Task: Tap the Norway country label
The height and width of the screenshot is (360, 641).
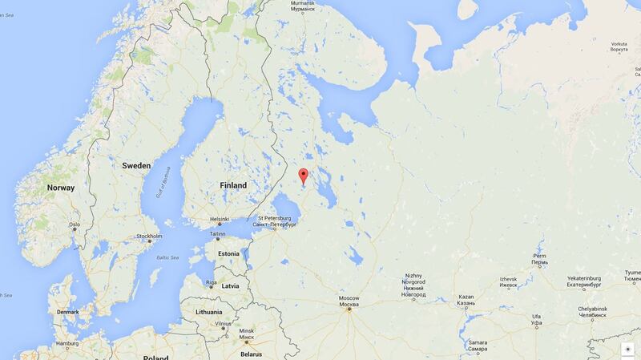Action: [x=61, y=188]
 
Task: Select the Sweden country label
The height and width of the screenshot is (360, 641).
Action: [x=135, y=165]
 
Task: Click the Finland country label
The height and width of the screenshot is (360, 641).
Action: [x=233, y=185]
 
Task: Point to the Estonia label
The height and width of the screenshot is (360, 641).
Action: [x=228, y=253]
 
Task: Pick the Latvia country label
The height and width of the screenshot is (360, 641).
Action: [x=231, y=285]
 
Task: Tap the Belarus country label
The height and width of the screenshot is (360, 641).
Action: [x=251, y=354]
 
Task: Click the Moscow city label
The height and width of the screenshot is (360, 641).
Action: [x=349, y=301]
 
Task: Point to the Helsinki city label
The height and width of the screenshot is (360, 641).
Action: [x=219, y=218]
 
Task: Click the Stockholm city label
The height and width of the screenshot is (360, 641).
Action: [x=150, y=237]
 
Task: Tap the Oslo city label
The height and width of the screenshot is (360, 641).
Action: [x=75, y=225]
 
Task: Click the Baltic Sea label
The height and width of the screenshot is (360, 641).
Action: [x=167, y=257]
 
